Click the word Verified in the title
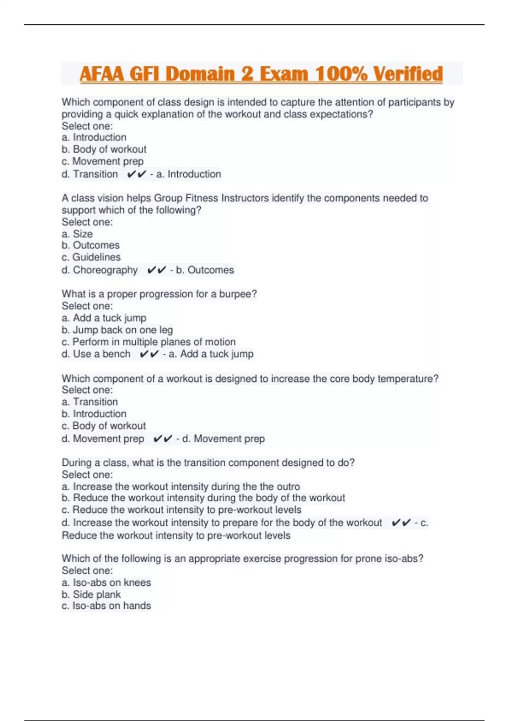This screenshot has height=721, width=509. [408, 74]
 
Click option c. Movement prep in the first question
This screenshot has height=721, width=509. [103, 161]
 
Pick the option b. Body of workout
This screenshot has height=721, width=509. [104, 149]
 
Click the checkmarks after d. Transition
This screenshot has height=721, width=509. [137, 174]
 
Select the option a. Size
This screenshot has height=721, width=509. [77, 234]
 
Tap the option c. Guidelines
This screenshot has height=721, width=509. [91, 257]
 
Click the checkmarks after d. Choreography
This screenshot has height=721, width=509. [157, 270]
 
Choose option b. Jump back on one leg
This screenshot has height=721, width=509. [117, 330]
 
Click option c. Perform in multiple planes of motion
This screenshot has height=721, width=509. [148, 342]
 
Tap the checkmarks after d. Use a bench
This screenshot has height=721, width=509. [149, 354]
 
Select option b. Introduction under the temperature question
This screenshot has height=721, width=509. [94, 414]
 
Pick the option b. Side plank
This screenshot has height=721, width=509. [91, 594]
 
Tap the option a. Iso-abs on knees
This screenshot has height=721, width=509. [106, 582]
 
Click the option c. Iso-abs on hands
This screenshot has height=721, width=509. [106, 606]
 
